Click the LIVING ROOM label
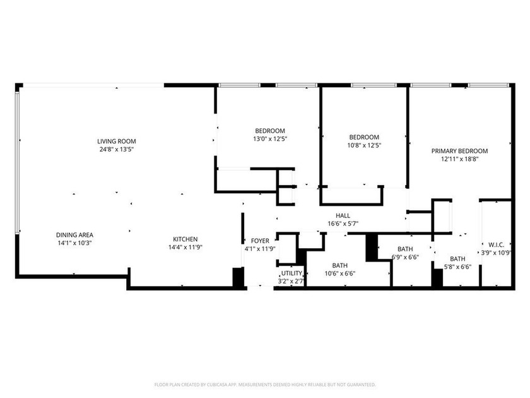[116, 141]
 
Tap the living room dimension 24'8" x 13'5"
[116, 149]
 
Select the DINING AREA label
[74, 234]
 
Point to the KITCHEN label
[185, 239]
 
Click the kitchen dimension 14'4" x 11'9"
[185, 247]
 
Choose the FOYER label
[260, 241]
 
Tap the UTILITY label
[291, 273]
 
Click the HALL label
[343, 215]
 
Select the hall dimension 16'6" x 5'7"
[343, 224]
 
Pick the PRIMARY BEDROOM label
[459, 151]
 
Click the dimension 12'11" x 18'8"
[459, 159]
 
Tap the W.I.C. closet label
[495, 244]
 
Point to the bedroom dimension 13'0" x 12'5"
[270, 139]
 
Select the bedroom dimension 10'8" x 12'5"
[364, 145]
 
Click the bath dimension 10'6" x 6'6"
[339, 274]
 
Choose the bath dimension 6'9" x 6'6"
[405, 257]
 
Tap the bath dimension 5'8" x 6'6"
[457, 267]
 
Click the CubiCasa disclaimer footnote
[265, 384]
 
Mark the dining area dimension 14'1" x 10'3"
[74, 243]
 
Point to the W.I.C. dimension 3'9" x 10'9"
[495, 253]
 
